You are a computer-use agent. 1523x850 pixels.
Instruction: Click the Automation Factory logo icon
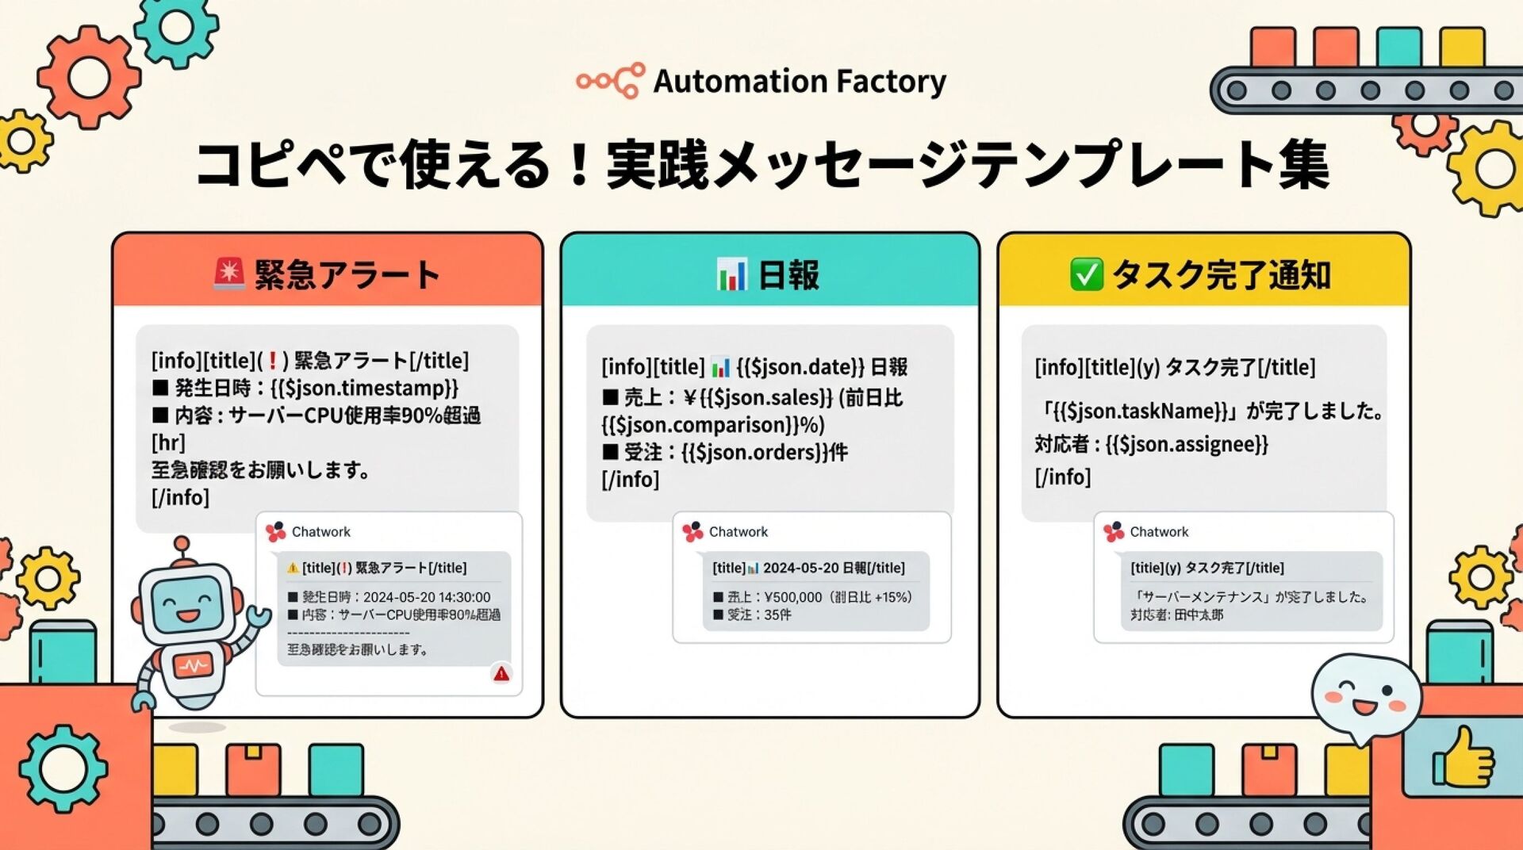pyautogui.click(x=610, y=81)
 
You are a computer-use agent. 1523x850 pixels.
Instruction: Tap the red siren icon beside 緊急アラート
pyautogui.click(x=229, y=274)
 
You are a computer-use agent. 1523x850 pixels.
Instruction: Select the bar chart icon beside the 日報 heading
pyautogui.click(x=731, y=274)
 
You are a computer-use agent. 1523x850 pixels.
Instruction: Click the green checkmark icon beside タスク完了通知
pyautogui.click(x=1086, y=274)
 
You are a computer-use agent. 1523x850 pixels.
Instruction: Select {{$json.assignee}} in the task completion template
pyautogui.click(x=1187, y=444)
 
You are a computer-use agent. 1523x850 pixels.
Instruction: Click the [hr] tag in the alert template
pyautogui.click(x=168, y=442)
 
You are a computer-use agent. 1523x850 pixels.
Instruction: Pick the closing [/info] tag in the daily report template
pyautogui.click(x=631, y=480)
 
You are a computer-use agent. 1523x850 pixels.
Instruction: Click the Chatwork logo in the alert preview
pyautogui.click(x=276, y=532)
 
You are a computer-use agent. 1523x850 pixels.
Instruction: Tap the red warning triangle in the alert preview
pyautogui.click(x=501, y=674)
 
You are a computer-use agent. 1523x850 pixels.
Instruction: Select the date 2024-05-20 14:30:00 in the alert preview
pyautogui.click(x=427, y=597)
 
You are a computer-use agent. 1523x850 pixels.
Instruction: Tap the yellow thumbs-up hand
pyautogui.click(x=1462, y=760)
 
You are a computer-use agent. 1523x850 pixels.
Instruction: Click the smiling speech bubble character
pyautogui.click(x=1364, y=695)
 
